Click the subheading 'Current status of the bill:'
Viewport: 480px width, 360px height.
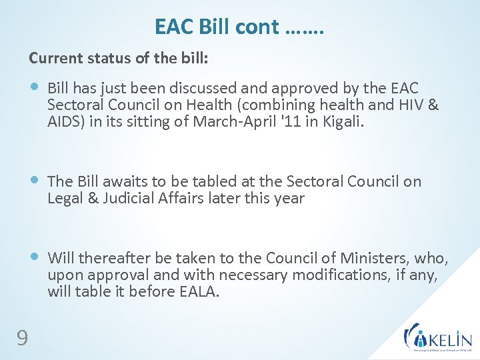tap(119, 59)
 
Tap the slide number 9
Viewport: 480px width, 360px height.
tap(22, 339)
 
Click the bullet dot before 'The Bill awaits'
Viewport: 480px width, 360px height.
tap(36, 181)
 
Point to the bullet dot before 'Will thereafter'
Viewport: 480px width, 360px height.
tap(36, 257)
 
